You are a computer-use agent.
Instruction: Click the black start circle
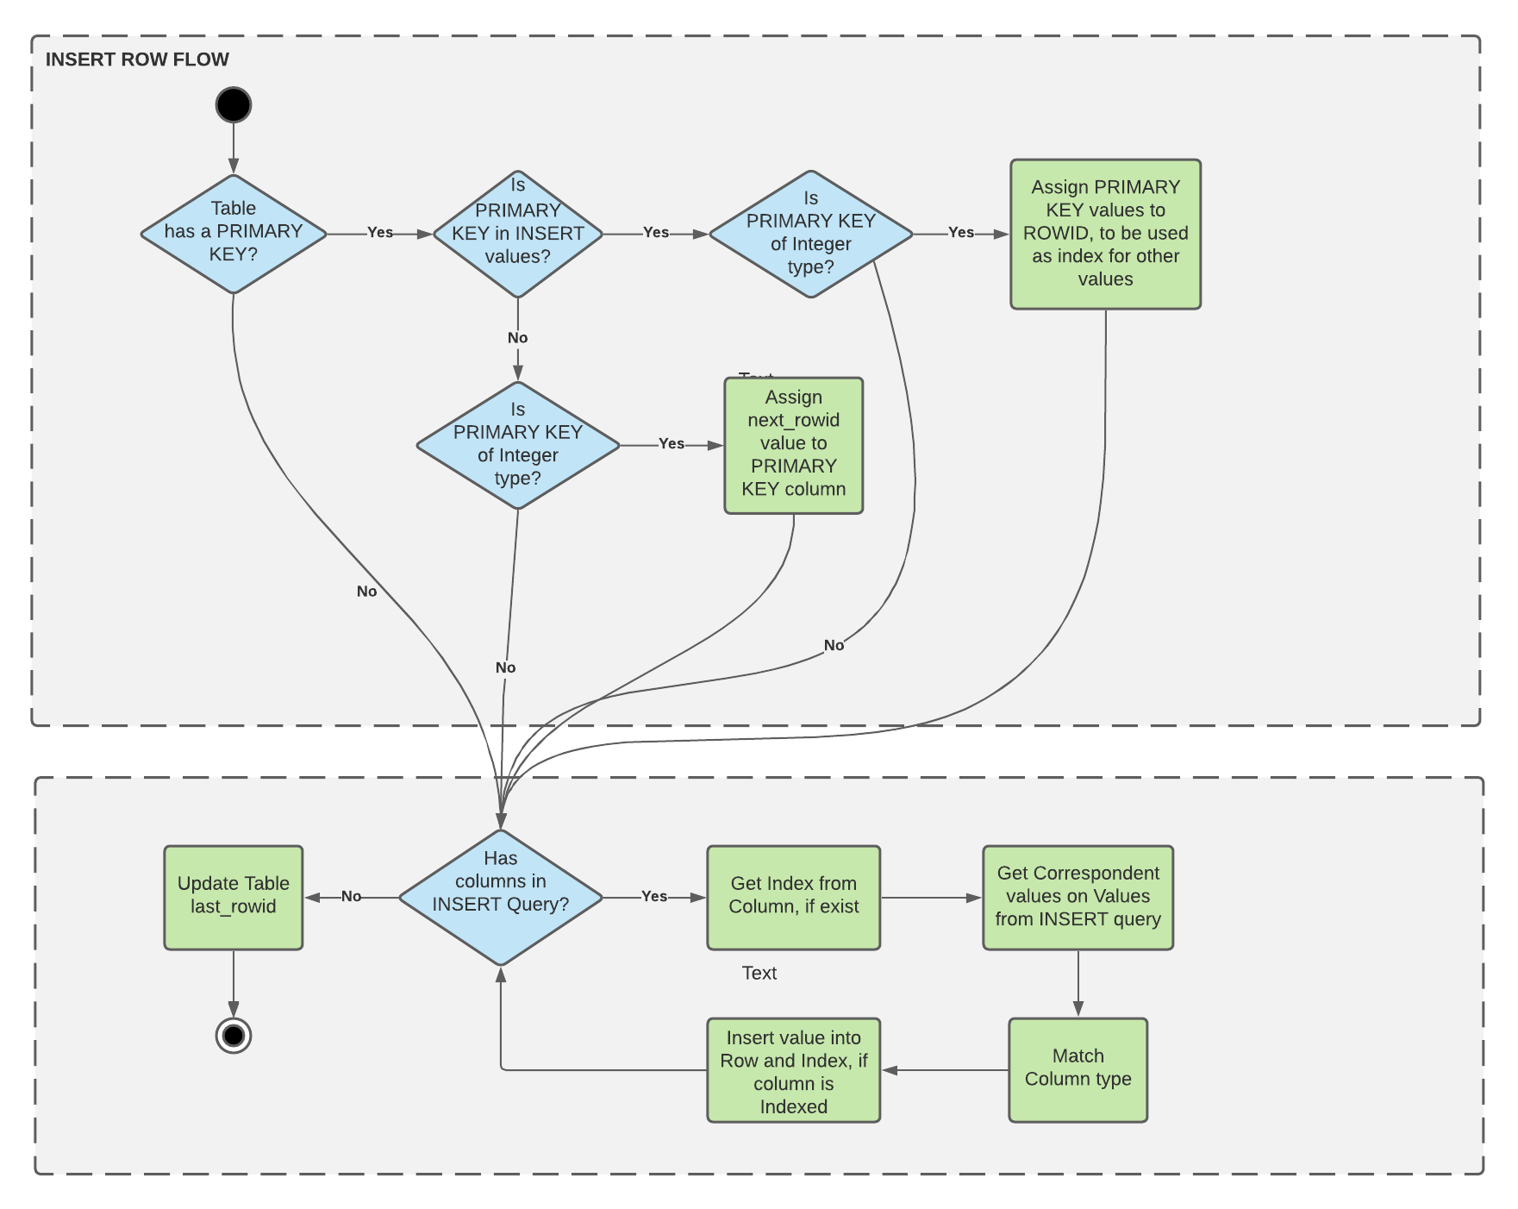coord(234,105)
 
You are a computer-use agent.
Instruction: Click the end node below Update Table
coord(234,1035)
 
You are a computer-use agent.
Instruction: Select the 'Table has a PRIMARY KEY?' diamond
coord(234,234)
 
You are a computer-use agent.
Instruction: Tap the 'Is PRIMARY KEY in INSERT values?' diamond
coord(517,234)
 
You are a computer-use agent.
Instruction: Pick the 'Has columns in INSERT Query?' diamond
coord(501,898)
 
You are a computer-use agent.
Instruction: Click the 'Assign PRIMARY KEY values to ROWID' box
coord(1105,234)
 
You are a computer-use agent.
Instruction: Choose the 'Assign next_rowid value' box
coord(793,445)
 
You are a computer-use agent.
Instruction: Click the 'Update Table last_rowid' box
coord(234,898)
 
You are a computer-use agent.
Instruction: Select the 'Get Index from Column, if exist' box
coord(793,898)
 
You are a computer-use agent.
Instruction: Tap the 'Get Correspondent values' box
coord(1078,898)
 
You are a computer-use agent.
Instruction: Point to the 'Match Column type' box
coord(1078,1069)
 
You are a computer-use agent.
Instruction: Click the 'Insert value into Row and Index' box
coord(793,1070)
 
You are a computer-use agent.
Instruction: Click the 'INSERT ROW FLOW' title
coord(137,60)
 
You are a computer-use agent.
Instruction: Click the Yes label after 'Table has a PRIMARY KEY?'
coord(380,233)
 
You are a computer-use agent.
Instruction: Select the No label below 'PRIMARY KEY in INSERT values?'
coord(517,338)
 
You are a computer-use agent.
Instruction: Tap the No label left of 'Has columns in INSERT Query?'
coord(351,897)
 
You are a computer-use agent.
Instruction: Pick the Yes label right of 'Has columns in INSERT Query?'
coord(654,897)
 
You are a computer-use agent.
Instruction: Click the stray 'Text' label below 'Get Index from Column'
coord(759,973)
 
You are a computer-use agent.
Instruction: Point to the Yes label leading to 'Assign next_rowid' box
coord(672,444)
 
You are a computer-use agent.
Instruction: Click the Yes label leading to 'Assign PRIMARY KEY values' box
coord(961,233)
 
